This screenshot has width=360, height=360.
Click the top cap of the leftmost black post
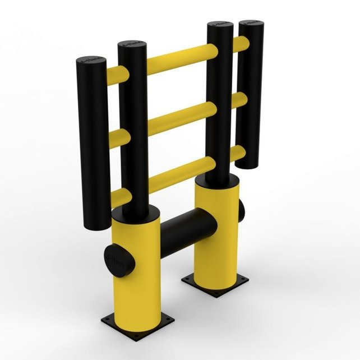click(x=90, y=60)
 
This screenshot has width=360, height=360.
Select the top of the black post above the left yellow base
click(x=132, y=45)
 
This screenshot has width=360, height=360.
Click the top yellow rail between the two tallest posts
click(x=178, y=57)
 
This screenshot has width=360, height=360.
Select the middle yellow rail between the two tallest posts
click(x=178, y=118)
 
